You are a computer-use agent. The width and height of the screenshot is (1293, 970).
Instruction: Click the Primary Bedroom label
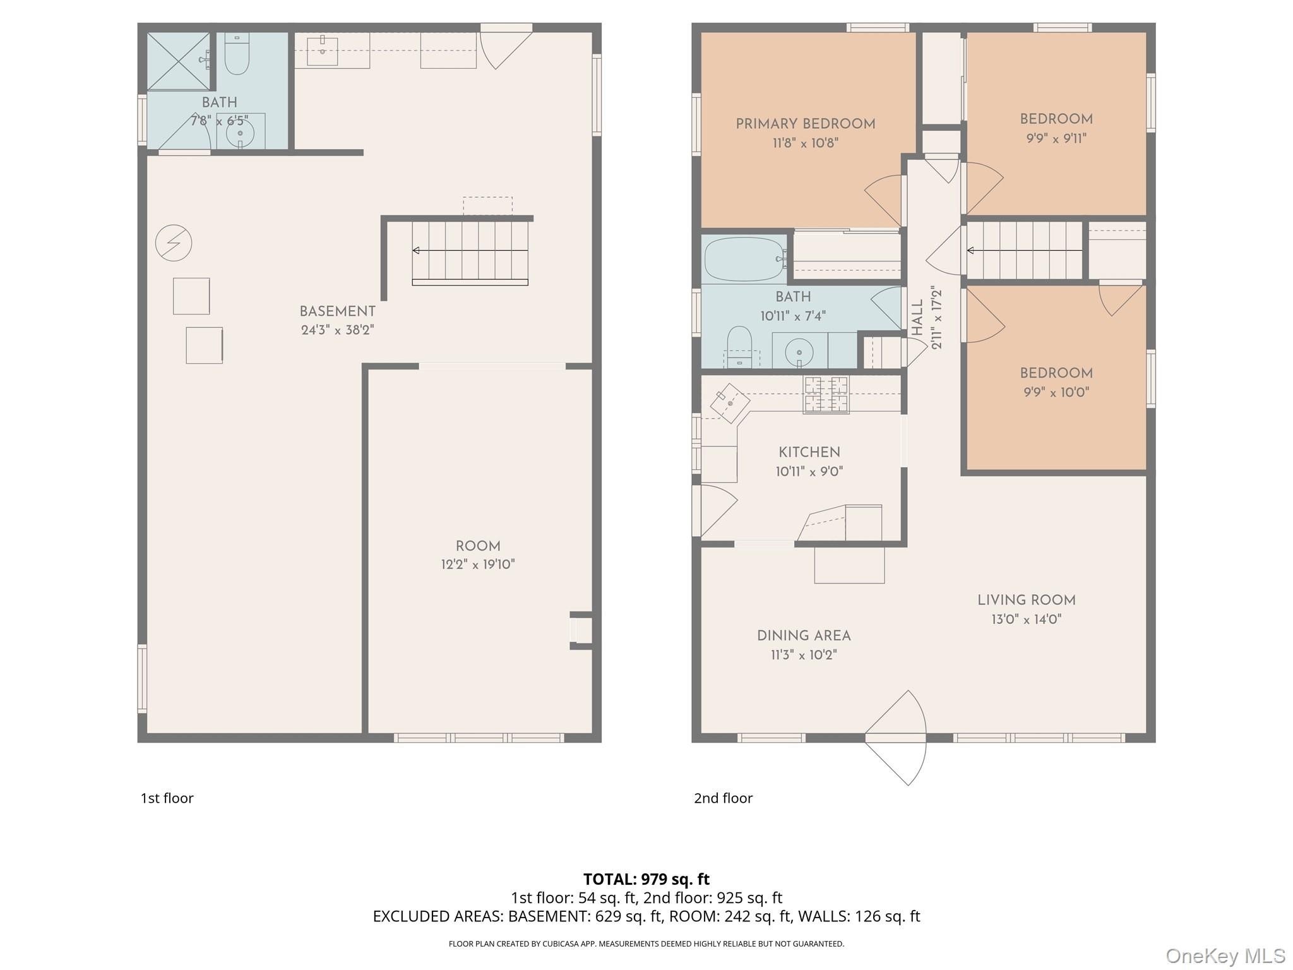806,124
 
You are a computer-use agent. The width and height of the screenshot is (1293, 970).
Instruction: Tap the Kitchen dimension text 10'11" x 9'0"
809,472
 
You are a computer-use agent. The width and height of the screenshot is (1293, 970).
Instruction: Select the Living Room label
1027,601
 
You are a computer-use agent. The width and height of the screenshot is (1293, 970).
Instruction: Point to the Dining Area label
804,636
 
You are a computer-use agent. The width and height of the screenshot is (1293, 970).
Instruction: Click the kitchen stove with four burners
826,395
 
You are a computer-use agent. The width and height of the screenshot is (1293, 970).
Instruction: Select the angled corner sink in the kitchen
730,402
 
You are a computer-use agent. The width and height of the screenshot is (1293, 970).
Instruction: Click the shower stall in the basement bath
179,61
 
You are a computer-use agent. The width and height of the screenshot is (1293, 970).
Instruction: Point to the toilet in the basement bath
237,54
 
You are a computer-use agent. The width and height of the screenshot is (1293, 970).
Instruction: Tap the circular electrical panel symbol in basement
174,243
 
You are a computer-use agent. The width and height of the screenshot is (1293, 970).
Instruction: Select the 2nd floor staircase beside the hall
1025,251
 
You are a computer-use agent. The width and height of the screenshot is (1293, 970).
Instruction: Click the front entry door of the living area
895,738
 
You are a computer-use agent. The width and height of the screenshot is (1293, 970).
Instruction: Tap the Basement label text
337,311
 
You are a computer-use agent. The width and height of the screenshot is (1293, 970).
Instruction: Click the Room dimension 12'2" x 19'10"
478,565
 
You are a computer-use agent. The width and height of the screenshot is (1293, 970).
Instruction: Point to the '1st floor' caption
167,798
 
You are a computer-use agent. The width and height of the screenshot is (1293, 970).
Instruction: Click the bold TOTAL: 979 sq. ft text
646,879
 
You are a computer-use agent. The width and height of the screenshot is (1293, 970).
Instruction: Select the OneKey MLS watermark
1225,956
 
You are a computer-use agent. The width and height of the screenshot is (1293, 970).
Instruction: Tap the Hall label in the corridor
917,318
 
